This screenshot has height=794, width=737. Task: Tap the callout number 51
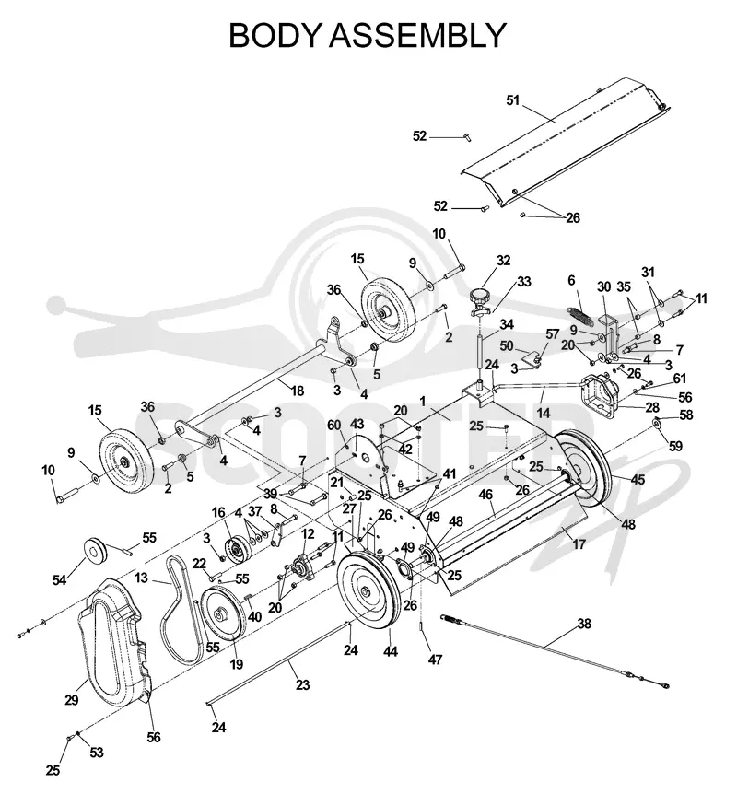513,100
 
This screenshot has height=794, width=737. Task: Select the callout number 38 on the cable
584,624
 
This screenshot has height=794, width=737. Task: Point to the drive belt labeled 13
183,610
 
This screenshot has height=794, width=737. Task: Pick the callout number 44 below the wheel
390,652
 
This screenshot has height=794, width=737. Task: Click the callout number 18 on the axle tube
298,391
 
